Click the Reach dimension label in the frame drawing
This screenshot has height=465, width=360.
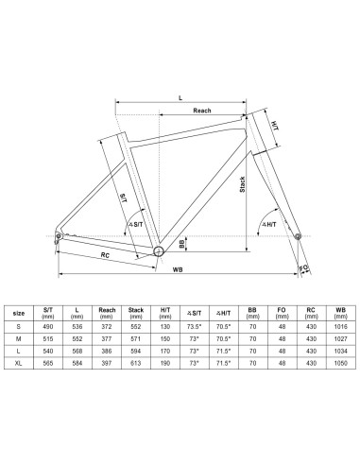[x=202, y=111]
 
